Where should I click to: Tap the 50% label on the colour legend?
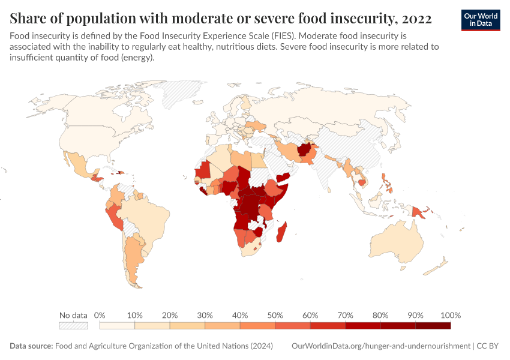(x=275, y=315)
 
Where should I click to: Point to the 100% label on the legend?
(x=450, y=315)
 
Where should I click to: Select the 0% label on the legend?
(x=100, y=315)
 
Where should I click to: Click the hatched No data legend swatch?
(x=73, y=326)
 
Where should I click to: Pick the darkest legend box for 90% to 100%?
(x=433, y=326)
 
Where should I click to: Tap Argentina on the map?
(x=133, y=258)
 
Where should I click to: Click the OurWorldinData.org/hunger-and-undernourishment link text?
(x=380, y=346)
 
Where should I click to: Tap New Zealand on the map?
(x=442, y=265)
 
